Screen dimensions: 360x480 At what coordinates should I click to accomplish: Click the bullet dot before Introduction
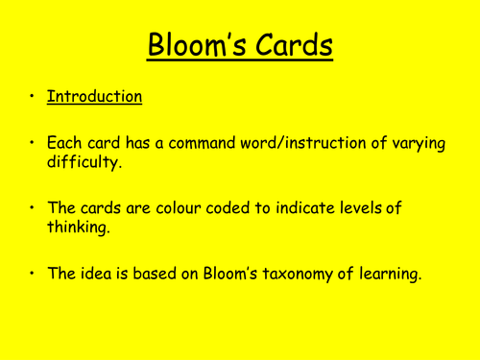(31, 97)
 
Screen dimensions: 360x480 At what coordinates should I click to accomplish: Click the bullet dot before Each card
(31, 142)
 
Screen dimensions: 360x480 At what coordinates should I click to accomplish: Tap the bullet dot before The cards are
(31, 208)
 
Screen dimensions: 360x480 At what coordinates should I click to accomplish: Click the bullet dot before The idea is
(31, 275)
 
